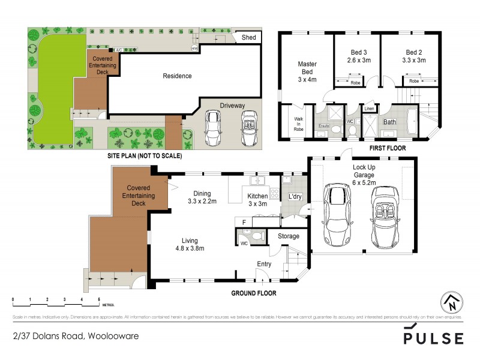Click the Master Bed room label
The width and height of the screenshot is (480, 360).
pyautogui.click(x=307, y=71)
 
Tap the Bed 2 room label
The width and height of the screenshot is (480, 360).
pyautogui.click(x=414, y=56)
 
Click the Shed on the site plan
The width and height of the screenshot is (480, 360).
pyautogui.click(x=248, y=38)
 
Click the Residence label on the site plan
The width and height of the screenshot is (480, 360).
pyautogui.click(x=178, y=76)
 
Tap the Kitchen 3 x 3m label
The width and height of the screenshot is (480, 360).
pyautogui.click(x=257, y=200)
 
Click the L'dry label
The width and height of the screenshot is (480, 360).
pyautogui.click(x=295, y=196)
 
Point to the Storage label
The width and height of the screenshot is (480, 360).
pyautogui.click(x=288, y=236)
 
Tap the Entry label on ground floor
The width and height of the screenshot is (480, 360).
pyautogui.click(x=264, y=264)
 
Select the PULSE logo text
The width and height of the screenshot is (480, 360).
pyautogui.click(x=434, y=338)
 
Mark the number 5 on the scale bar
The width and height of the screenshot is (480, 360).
pyautogui.click(x=98, y=299)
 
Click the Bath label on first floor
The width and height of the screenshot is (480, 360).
pyautogui.click(x=390, y=122)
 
